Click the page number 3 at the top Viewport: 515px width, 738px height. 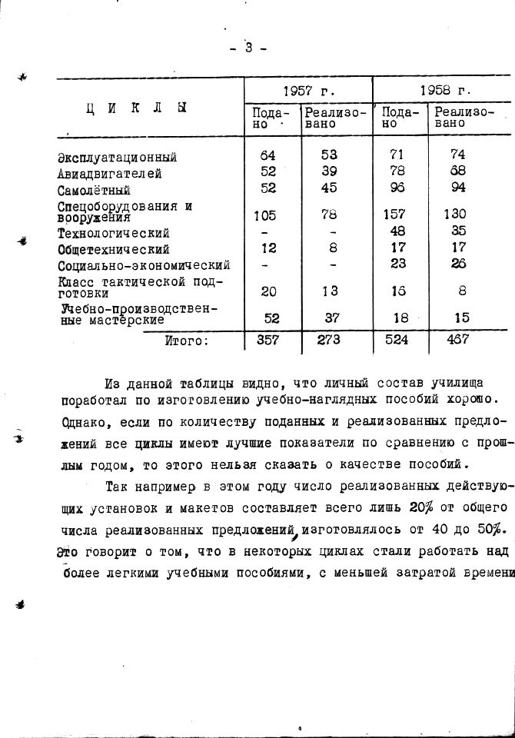pyautogui.click(x=248, y=48)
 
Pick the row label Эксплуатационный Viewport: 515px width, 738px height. pyautogui.click(x=118, y=157)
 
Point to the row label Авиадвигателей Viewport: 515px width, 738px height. pyautogui.click(x=110, y=174)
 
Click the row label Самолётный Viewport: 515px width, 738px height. pyautogui.click(x=95, y=190)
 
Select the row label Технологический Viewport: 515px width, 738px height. pyautogui.click(x=114, y=233)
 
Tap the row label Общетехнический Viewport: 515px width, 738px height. pyautogui.click(x=114, y=249)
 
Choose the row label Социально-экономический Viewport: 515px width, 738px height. pyautogui.click(x=144, y=265)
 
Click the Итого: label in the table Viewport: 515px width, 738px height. pyautogui.click(x=186, y=341)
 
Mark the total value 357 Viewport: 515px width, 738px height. pyautogui.click(x=268, y=341)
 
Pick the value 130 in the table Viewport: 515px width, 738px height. pyautogui.click(x=454, y=214)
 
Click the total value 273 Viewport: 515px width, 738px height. pyautogui.click(x=329, y=341)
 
